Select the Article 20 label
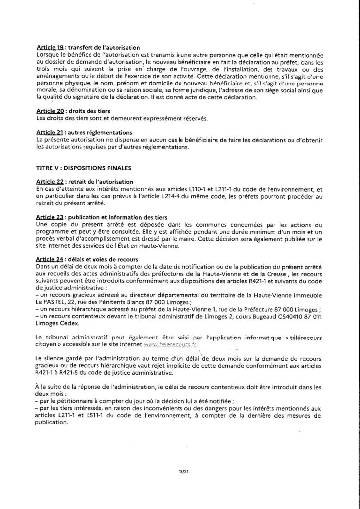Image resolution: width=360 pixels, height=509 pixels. [x=51, y=110]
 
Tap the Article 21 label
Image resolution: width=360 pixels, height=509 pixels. [x=51, y=133]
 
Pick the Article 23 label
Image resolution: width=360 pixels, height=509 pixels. [x=51, y=218]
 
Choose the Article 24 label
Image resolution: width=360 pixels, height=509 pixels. [x=51, y=260]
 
